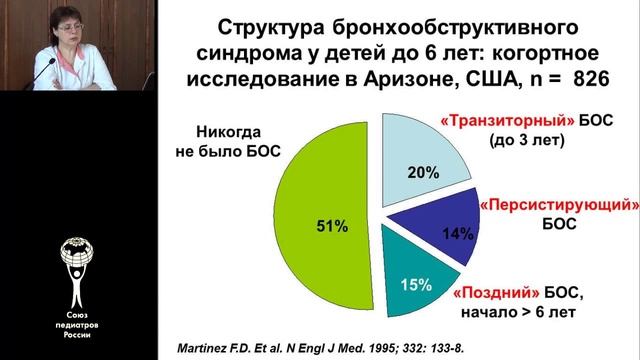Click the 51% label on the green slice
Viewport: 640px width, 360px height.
tap(333, 227)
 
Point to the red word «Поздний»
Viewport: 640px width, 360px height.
tap(488, 293)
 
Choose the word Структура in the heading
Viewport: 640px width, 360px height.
tap(281, 23)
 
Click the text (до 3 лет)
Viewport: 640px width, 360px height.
tap(526, 141)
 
